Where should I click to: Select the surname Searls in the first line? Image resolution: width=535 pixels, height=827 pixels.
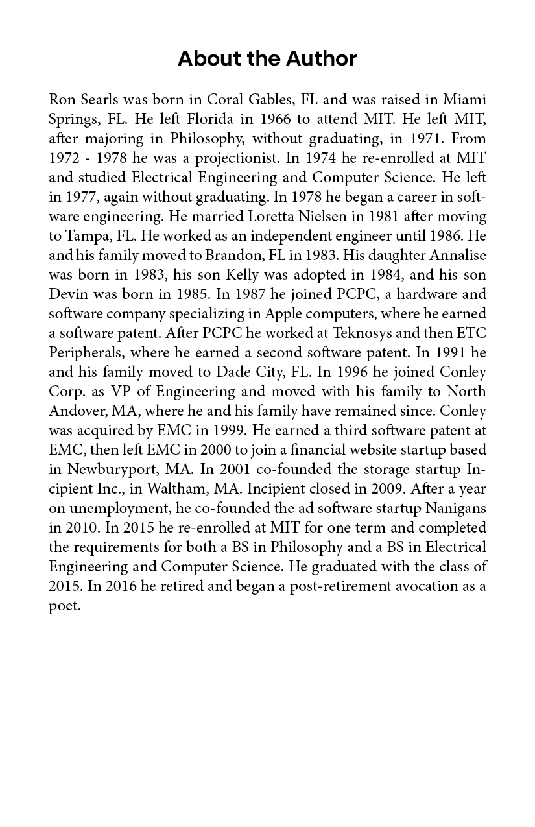coord(101,100)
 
